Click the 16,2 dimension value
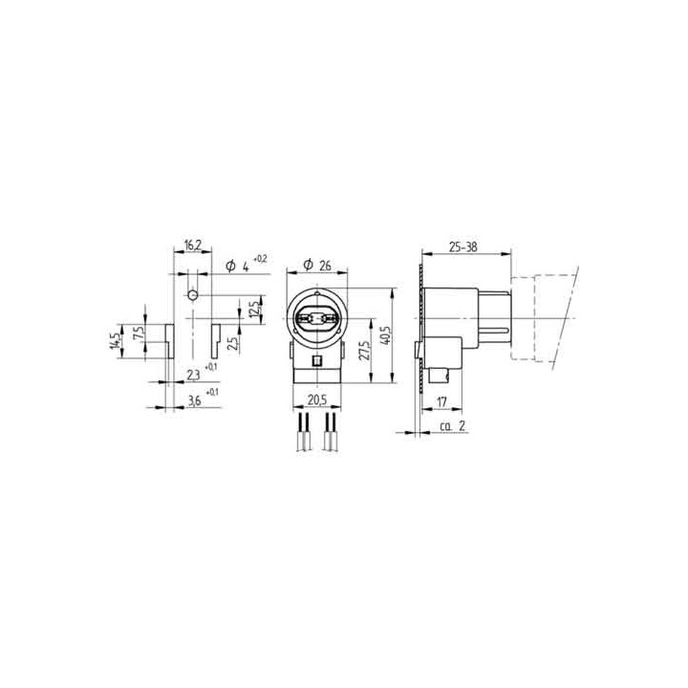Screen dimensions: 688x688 point(191,247)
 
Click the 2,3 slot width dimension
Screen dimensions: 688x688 point(193,373)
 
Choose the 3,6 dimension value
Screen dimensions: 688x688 point(193,400)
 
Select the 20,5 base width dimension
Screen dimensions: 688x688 point(316,400)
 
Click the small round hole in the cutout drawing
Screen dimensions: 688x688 point(192,295)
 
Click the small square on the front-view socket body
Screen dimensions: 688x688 point(316,363)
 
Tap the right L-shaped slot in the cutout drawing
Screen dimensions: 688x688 point(217,338)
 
